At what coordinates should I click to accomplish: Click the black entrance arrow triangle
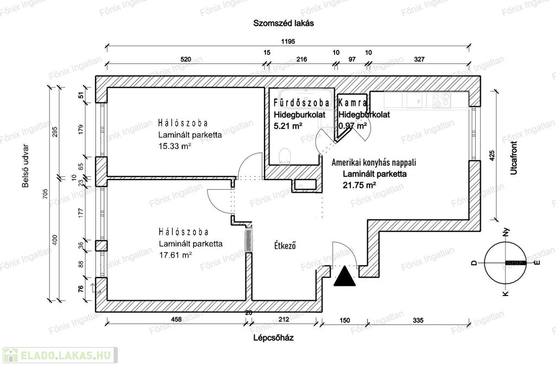(345, 277)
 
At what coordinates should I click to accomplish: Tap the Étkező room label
(285, 245)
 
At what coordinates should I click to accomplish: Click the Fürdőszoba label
(301, 103)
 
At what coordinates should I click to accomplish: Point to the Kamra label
(352, 103)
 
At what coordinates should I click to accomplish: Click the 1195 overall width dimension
(288, 41)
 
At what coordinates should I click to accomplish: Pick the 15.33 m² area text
(175, 146)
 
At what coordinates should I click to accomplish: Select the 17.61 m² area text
(175, 255)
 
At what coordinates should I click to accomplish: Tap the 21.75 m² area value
(359, 185)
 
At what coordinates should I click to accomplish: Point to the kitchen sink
(417, 100)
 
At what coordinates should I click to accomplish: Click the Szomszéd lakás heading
(283, 23)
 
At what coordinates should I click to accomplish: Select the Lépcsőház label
(274, 337)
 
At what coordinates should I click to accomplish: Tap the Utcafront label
(514, 158)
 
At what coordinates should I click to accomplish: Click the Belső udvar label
(26, 166)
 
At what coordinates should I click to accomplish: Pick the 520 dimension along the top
(186, 59)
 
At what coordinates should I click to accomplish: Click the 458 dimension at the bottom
(176, 319)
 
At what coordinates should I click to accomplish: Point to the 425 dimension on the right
(491, 156)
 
